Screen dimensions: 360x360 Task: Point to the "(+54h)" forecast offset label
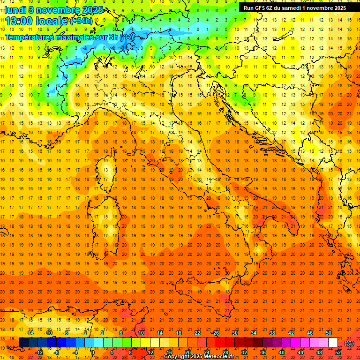(x=81, y=21)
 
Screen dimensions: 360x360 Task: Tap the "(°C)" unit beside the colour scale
(x=349, y=343)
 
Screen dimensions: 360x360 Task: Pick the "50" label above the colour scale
(x=329, y=333)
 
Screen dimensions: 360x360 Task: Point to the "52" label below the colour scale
(x=338, y=352)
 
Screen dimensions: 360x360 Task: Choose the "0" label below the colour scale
(x=93, y=352)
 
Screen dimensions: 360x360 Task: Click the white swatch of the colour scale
(x=333, y=343)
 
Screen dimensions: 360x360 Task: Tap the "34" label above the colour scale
(x=254, y=333)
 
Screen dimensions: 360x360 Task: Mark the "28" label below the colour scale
(x=225, y=352)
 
